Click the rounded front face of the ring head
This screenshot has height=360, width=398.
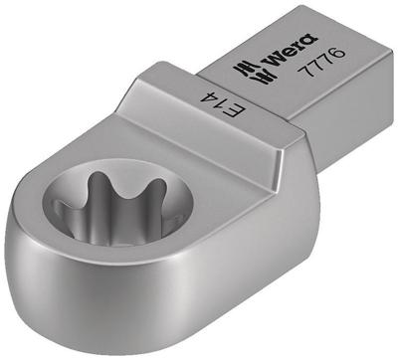[x=149, y=308]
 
